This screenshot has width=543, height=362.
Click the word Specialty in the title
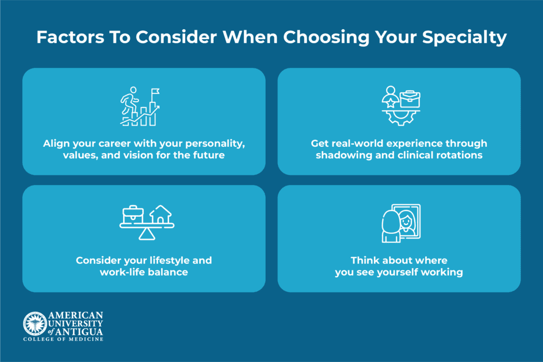tap(465, 38)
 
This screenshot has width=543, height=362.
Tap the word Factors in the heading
tap(71, 37)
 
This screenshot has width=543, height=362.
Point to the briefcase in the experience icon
tap(410, 99)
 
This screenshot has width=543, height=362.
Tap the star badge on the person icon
tap(391, 102)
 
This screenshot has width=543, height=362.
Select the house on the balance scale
tap(160, 214)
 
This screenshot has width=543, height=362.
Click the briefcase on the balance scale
tap(133, 215)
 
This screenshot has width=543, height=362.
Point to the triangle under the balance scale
tap(147, 234)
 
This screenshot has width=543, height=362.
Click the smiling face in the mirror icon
tap(406, 221)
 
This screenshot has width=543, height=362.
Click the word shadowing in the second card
tap(344, 155)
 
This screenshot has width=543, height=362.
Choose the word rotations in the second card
tap(459, 155)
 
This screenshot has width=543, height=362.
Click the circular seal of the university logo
tap(35, 324)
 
